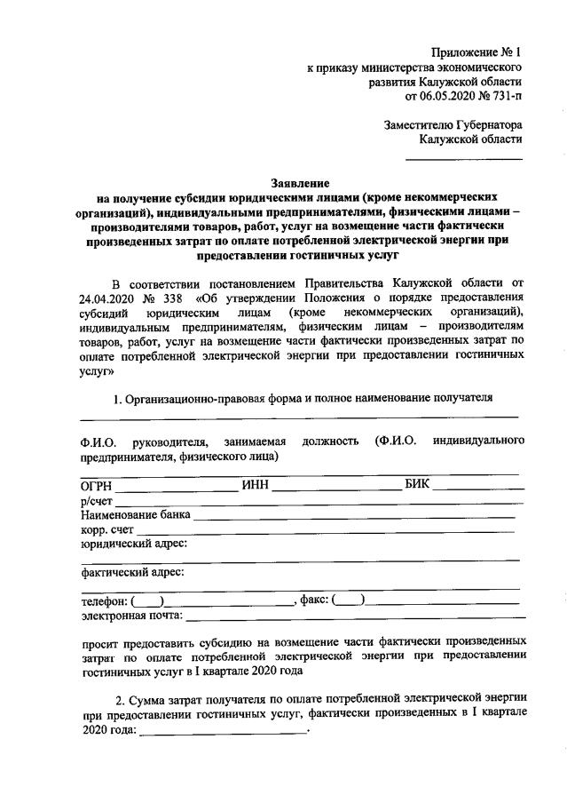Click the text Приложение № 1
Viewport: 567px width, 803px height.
coord(476,52)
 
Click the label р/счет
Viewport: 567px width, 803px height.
coord(96,500)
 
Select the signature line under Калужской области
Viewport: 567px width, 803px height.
coord(463,158)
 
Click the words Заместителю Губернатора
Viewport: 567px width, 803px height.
coord(453,125)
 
